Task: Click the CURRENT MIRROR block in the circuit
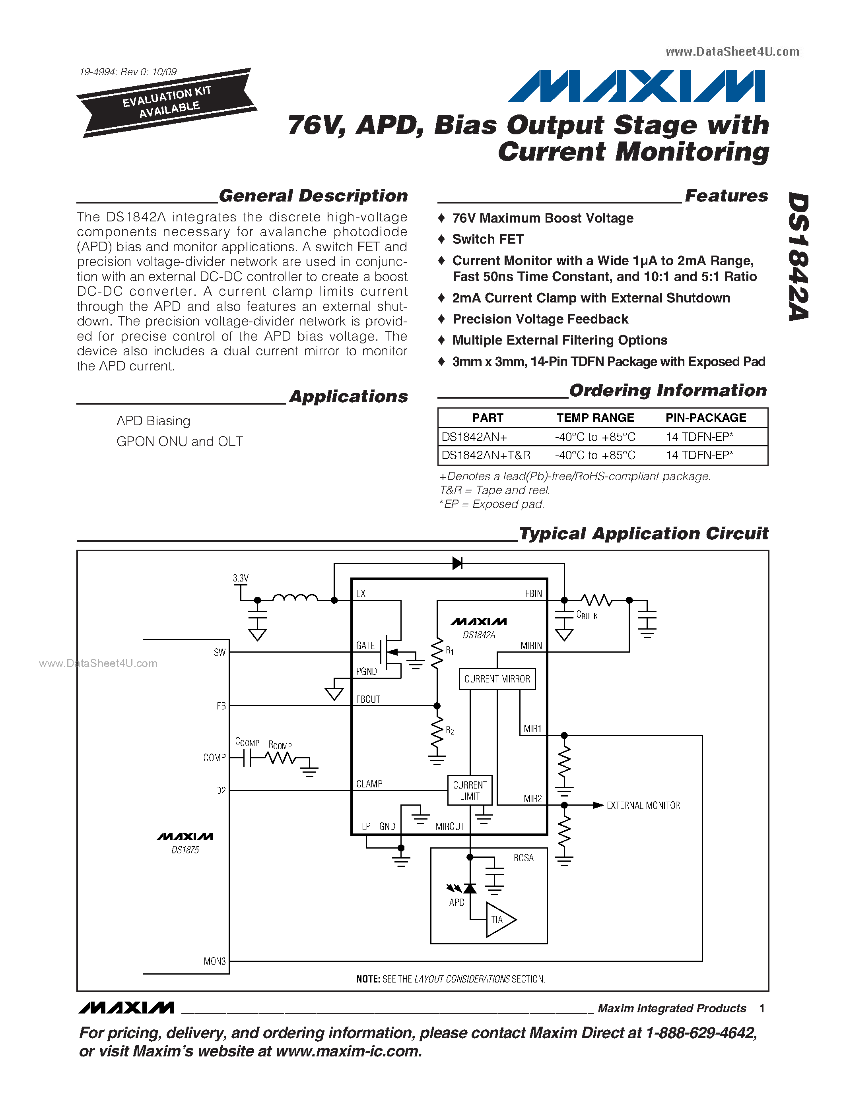(x=497, y=679)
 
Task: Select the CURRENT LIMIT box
(x=470, y=790)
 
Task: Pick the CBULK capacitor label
(x=587, y=615)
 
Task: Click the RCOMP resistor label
(x=280, y=745)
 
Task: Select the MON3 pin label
(x=214, y=961)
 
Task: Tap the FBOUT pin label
(x=368, y=699)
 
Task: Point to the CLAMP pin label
(x=369, y=784)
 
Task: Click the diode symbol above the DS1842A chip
(x=457, y=564)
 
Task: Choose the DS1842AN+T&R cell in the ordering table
(x=486, y=455)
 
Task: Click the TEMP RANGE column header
(x=595, y=418)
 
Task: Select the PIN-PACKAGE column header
(x=706, y=418)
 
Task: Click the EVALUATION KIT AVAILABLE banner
(x=167, y=102)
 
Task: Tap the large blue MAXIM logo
(x=637, y=86)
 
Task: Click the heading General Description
(x=313, y=196)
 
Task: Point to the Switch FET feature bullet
(x=488, y=239)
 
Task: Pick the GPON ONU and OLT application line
(x=180, y=442)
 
